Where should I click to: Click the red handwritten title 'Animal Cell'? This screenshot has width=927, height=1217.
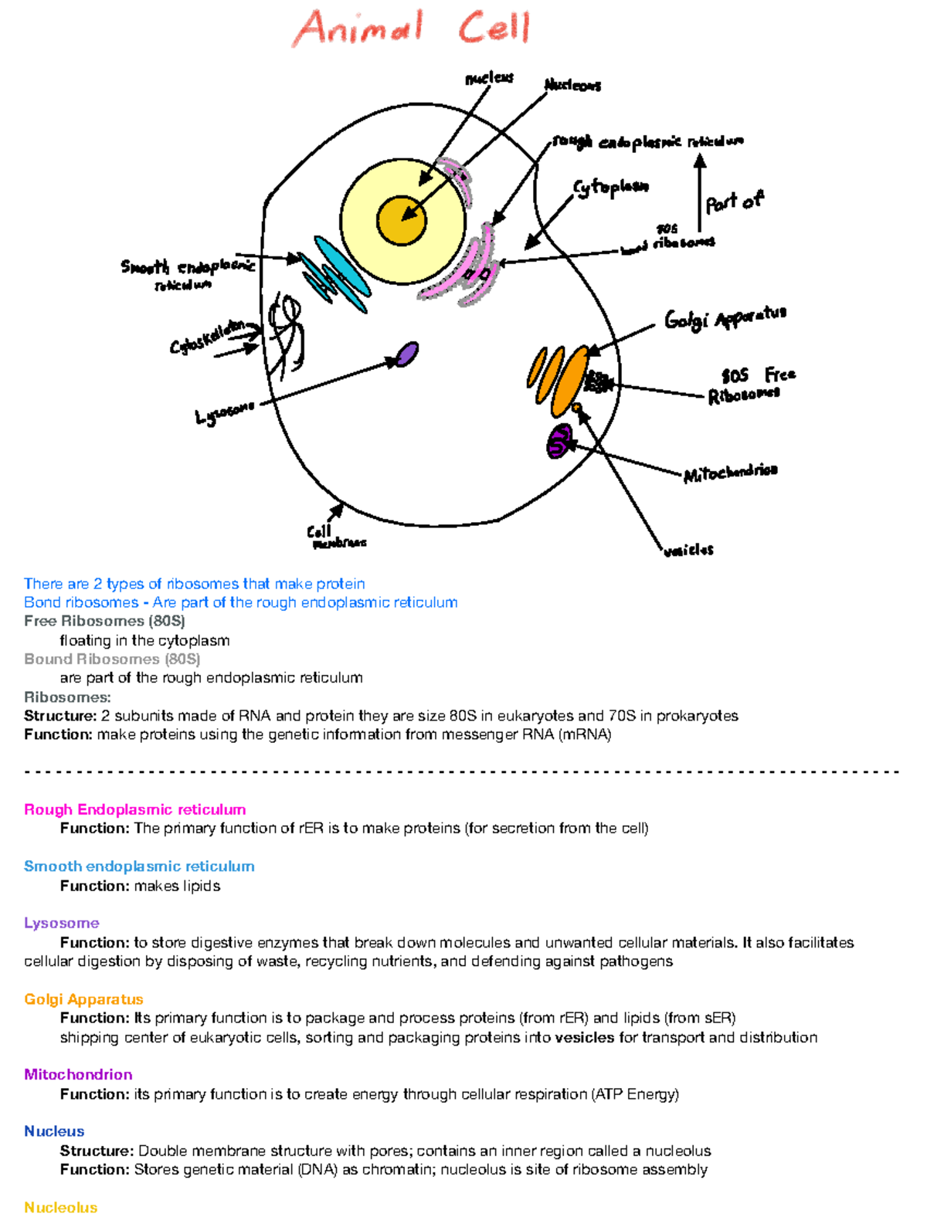point(412,28)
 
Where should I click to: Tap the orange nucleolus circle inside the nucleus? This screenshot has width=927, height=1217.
point(401,219)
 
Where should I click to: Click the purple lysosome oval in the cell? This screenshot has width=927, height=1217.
point(407,354)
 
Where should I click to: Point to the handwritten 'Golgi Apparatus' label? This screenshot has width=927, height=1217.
point(725,317)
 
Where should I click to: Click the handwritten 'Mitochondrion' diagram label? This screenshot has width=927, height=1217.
point(730,472)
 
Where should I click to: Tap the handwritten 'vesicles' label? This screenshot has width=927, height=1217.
point(688,550)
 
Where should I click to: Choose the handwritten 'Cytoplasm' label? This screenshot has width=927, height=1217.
point(610,188)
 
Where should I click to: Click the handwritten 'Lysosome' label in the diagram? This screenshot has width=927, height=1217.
point(224,413)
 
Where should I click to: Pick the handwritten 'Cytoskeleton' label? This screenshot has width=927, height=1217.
point(207,337)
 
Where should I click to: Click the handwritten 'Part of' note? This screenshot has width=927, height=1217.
point(733,202)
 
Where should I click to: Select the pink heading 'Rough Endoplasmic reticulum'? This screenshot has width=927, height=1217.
point(134,809)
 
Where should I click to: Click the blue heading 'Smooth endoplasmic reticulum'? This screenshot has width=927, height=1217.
point(139,866)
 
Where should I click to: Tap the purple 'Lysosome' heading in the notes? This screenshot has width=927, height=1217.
point(62,923)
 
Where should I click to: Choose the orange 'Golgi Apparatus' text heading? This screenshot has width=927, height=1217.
point(83,999)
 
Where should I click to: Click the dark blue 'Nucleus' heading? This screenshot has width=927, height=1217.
point(54,1131)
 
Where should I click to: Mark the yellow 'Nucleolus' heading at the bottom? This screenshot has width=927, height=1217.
point(60,1207)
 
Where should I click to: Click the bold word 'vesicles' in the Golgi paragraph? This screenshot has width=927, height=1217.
point(584,1037)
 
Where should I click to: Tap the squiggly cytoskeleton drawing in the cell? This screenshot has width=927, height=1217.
point(286,332)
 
